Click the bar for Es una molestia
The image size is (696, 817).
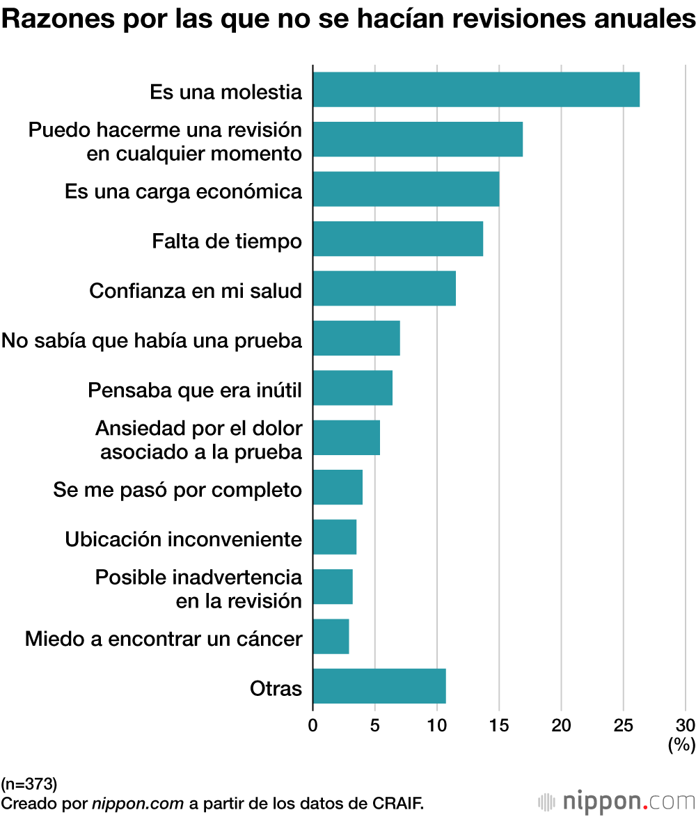coord(476,89)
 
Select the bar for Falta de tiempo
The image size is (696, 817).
coord(397,239)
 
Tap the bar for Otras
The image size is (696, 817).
coord(379,686)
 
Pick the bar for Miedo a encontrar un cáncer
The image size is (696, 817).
coord(331,636)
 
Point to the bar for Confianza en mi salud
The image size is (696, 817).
coord(384,288)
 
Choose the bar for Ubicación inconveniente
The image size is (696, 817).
coord(335,537)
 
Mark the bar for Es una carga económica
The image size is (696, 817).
coord(406,189)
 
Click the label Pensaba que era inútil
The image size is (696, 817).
coord(195,390)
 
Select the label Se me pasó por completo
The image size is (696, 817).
coord(177,490)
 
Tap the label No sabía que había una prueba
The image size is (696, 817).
coord(152,341)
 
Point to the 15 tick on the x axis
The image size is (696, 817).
coord(499,726)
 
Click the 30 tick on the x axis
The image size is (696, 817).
coord(685,726)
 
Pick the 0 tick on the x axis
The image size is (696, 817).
coord(313,726)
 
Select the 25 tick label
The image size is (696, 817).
coord(623,726)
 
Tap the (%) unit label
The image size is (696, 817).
coord(681,745)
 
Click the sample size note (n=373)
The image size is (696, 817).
coord(29,782)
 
